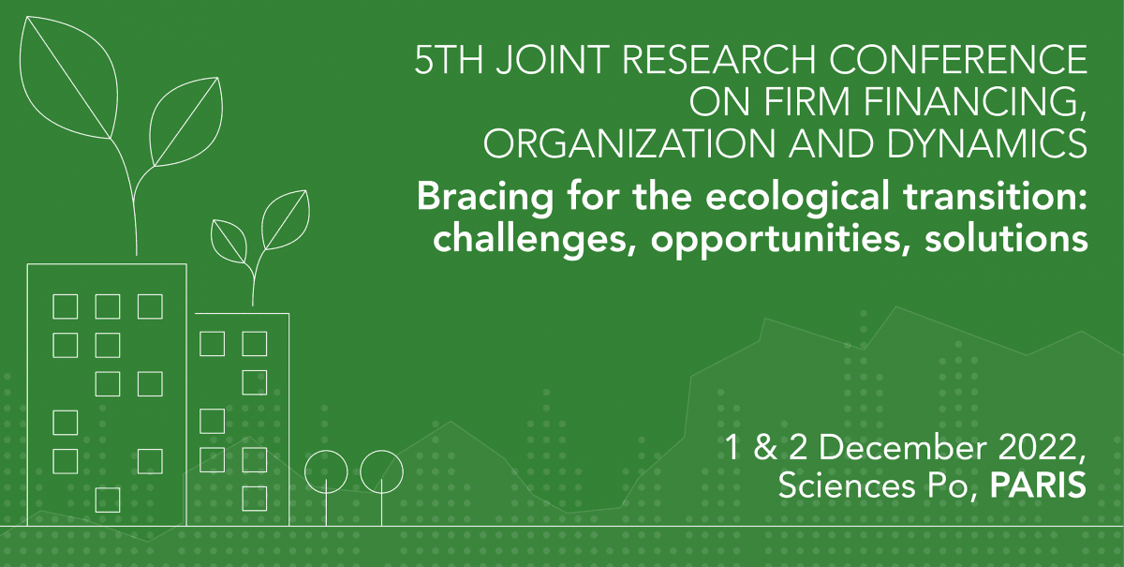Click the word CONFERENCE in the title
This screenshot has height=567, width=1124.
click(958, 59)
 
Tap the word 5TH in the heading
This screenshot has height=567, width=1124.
click(449, 59)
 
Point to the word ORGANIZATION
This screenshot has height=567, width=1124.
click(629, 144)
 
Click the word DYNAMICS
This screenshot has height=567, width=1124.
click(987, 144)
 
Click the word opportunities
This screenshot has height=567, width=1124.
click(781, 241)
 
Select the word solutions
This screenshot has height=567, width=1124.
click(1007, 239)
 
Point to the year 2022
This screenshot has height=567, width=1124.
click(1040, 448)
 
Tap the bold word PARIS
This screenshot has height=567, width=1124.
click(1038, 485)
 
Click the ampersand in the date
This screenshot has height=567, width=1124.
click(764, 447)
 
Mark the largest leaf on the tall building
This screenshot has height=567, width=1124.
click(67, 77)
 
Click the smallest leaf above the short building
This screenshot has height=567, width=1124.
click(229, 241)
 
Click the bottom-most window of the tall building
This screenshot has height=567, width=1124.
click(108, 500)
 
